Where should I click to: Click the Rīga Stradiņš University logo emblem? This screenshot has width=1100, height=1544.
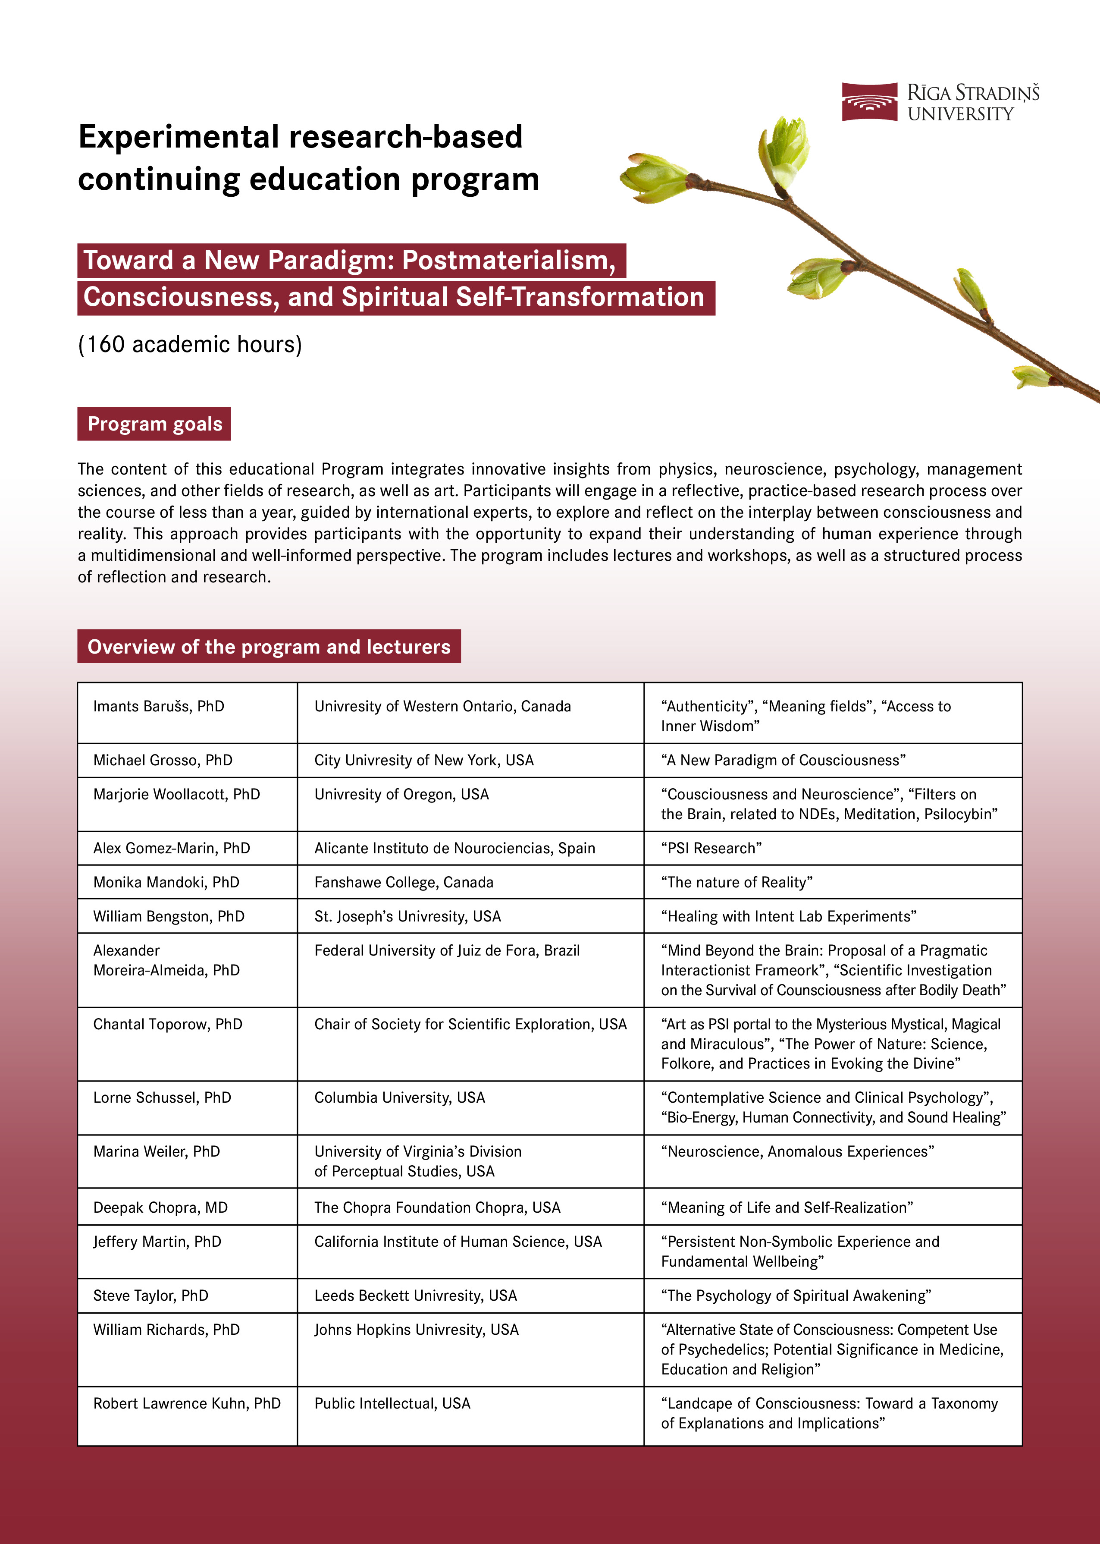point(869,102)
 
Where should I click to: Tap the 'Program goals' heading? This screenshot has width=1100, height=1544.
point(154,424)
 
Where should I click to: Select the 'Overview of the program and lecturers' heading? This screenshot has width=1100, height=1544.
point(269,646)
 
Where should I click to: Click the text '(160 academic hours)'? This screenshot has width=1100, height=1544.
point(190,344)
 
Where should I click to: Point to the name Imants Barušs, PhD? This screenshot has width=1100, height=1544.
point(159,706)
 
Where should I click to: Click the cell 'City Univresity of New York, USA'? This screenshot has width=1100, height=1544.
point(423,760)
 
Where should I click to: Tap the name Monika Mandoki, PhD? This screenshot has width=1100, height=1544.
point(166,882)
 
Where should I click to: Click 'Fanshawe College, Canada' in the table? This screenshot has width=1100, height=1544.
point(404,882)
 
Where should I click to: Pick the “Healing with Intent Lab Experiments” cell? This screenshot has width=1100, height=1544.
point(788,916)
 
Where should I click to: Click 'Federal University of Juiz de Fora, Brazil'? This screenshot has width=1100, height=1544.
point(447,950)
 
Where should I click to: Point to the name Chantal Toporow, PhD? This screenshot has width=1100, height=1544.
point(167,1024)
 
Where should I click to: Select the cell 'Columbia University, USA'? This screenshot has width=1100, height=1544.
point(400,1097)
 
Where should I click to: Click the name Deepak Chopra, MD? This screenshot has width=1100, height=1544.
point(160,1207)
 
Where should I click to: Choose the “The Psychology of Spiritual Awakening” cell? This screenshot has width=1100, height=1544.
point(796,1296)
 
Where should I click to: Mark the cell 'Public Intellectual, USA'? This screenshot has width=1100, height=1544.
point(392,1403)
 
